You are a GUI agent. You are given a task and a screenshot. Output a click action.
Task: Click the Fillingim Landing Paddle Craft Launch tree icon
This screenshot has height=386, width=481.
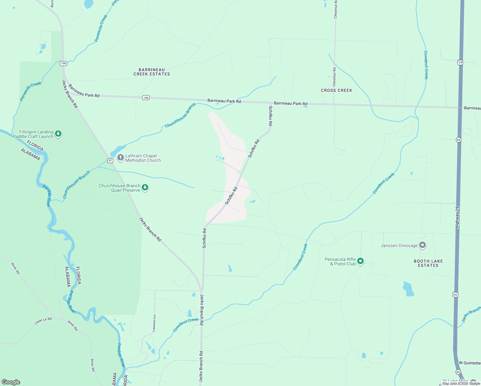click(58, 133)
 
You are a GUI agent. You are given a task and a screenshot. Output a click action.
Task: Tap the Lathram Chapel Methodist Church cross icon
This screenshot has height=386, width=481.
click(121, 158)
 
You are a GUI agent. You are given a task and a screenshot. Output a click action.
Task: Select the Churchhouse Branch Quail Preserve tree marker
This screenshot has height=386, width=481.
click(145, 188)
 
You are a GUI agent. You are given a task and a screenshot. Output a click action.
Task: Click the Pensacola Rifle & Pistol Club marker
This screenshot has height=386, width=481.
click(360, 261)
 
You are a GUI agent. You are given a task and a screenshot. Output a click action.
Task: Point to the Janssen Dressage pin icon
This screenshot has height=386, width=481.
click(422, 245)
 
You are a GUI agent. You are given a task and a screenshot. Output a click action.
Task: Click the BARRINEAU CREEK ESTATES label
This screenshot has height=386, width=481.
click(152, 72)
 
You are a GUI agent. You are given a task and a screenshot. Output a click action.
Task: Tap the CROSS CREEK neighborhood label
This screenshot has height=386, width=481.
click(336, 90)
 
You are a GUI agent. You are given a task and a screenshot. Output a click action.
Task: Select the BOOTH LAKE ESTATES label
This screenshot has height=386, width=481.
click(428, 263)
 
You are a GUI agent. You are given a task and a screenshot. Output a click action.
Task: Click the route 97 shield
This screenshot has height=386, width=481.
click(110, 160)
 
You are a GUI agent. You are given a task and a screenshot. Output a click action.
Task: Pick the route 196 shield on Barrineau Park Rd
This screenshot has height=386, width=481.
click(146, 97)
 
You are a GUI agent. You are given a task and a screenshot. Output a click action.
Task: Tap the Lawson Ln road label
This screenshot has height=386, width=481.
click(154, 323)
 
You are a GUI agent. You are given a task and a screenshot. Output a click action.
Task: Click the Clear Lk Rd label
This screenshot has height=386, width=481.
click(43, 321)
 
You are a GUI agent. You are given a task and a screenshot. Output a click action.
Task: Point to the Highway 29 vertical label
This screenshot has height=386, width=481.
click(457, 217)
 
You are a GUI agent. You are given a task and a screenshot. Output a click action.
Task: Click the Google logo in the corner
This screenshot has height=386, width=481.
click(11, 382)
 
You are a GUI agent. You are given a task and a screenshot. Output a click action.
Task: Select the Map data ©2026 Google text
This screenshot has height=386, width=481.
click(461, 383)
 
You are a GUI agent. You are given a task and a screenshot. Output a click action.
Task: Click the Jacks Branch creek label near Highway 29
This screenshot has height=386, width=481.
click(471, 314)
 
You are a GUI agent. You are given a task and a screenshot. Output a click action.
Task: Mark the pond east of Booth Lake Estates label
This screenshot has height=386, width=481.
click(408, 289)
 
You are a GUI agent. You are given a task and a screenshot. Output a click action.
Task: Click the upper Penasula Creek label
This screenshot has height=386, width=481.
click(101, 28)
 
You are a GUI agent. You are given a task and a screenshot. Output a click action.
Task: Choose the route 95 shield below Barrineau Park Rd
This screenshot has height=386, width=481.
click(458, 140)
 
